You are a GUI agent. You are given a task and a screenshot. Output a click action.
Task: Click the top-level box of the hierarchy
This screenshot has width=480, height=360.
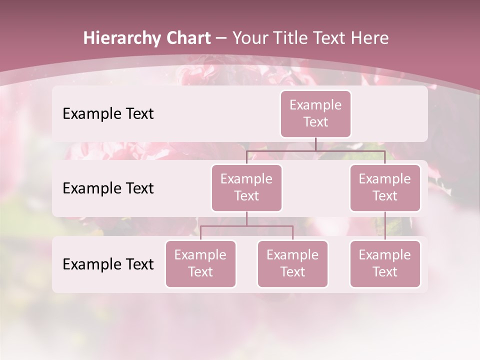click(315, 113)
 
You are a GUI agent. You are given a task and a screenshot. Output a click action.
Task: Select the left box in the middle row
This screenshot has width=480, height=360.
click(246, 187)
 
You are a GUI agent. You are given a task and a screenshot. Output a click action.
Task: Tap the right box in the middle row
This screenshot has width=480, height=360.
click(385, 187)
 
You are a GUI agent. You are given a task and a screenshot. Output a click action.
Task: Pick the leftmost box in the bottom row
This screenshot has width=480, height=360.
click(200, 263)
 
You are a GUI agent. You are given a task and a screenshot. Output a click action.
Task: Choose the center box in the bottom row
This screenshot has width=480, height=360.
click(292, 263)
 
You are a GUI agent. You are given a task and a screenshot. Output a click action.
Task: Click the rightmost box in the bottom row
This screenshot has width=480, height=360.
click(385, 263)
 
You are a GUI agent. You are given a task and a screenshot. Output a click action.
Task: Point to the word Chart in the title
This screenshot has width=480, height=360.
click(186, 38)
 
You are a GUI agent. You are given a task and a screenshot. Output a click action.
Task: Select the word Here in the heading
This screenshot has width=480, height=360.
click(370, 38)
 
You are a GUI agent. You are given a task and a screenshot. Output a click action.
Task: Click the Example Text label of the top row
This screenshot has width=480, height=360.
click(108, 113)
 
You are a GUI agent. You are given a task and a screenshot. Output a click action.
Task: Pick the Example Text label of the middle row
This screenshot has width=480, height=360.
click(108, 188)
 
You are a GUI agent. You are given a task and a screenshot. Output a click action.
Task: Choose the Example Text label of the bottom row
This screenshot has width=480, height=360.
click(108, 264)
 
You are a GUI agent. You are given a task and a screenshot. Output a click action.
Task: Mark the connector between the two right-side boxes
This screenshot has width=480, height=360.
click(385, 225)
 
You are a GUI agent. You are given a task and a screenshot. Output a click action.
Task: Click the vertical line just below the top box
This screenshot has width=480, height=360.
click(315, 144)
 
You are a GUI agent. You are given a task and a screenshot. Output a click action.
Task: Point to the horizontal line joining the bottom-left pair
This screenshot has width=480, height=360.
click(246, 226)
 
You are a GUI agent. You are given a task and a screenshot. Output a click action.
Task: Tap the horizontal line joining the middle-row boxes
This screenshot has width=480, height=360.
click(315, 150)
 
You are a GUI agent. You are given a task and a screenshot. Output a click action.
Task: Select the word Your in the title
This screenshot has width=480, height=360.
click(248, 38)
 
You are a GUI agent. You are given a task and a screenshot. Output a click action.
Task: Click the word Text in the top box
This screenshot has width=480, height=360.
click(315, 122)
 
